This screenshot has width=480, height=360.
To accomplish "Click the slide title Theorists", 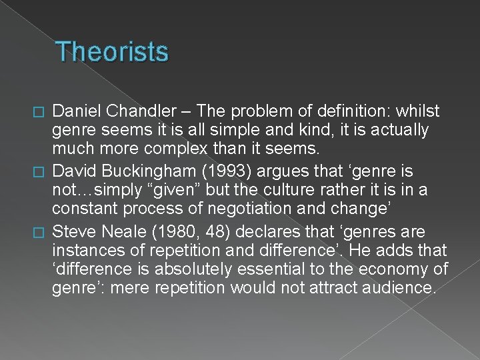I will [x=113, y=52].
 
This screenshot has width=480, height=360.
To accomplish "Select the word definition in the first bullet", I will [x=344, y=111].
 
